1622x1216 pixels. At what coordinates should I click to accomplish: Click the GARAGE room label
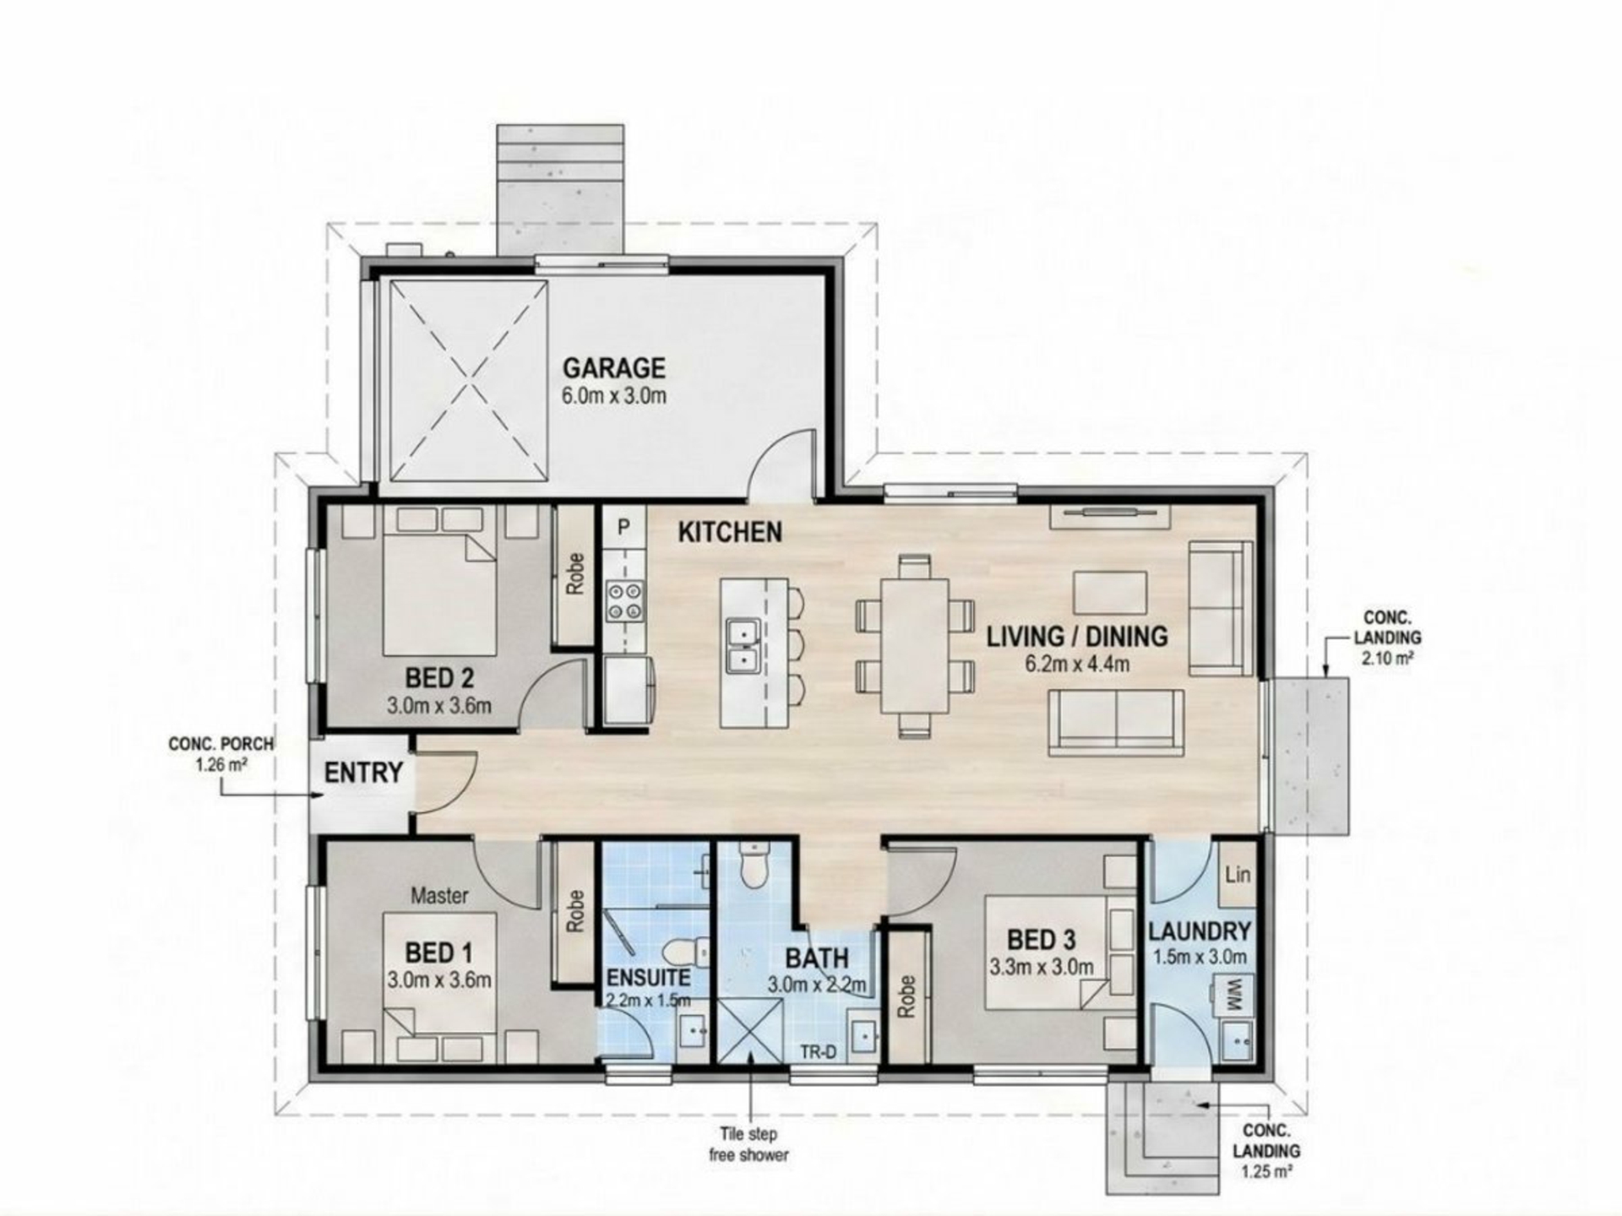614,368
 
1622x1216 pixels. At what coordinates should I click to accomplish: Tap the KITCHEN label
730,532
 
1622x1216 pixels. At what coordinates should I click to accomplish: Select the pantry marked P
623,527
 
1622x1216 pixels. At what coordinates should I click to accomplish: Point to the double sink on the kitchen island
743,645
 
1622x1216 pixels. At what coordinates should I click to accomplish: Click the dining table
915,646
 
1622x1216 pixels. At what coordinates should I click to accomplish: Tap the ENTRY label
363,773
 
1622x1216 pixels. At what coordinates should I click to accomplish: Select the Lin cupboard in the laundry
1238,874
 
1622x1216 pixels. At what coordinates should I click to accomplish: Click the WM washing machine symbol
1233,987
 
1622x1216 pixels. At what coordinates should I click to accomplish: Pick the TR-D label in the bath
818,1052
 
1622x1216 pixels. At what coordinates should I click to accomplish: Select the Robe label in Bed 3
907,996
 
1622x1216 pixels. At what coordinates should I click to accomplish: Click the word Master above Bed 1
439,896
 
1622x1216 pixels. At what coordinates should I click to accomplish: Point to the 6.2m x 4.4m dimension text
1077,664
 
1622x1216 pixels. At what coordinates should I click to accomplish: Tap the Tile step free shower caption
748,1144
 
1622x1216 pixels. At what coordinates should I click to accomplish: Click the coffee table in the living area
1110,593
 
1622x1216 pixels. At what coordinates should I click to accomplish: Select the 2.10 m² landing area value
1388,658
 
